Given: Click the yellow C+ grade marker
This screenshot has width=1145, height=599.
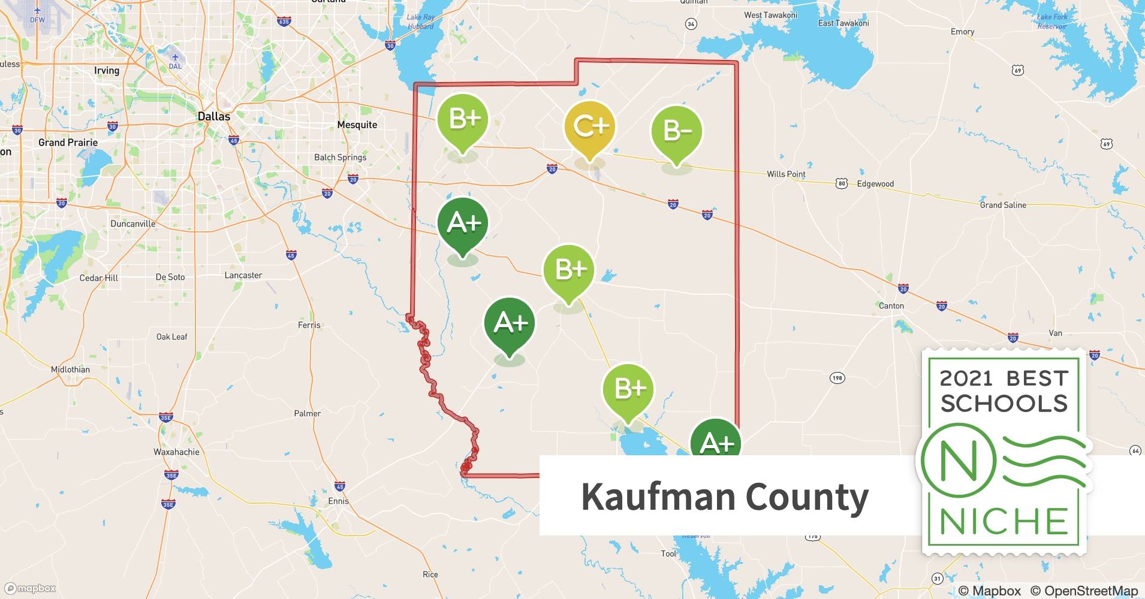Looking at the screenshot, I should [x=590, y=126].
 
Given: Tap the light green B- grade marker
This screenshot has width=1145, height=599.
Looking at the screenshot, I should [x=677, y=131].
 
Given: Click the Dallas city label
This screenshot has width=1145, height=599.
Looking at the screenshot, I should [x=214, y=116].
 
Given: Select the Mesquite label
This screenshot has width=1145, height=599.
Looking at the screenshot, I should [x=357, y=125].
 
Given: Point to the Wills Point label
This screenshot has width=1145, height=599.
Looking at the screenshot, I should [x=786, y=174].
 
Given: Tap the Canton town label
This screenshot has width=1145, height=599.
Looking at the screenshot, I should [x=891, y=305].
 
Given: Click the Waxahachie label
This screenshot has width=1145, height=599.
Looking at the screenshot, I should [x=176, y=452].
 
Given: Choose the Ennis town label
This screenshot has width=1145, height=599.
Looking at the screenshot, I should [x=338, y=501].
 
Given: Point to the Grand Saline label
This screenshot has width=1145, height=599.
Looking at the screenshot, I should [x=1003, y=205].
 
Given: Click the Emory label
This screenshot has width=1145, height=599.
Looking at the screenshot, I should [x=962, y=32].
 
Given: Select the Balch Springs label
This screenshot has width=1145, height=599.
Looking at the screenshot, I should [x=340, y=157].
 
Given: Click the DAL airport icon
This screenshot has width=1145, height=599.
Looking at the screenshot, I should [x=175, y=58].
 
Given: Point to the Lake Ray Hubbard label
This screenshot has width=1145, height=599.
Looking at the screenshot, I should [x=421, y=22].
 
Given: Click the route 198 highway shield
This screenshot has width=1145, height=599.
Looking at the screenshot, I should [x=837, y=377].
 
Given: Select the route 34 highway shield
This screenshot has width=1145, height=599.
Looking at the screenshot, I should [x=691, y=24].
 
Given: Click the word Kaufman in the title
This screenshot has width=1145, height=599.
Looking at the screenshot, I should [x=657, y=497].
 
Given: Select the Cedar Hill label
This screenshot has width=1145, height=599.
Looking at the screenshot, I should [x=99, y=278].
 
